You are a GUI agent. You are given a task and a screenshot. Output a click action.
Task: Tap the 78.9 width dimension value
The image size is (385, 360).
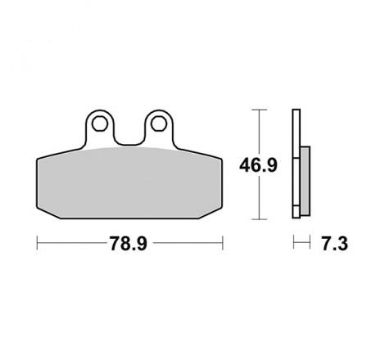pyautogui.click(x=129, y=244)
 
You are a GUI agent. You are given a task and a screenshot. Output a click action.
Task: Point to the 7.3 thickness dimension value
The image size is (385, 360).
pyautogui.click(x=332, y=244)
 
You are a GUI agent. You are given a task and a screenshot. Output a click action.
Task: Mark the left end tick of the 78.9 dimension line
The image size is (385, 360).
pyautogui.click(x=38, y=243)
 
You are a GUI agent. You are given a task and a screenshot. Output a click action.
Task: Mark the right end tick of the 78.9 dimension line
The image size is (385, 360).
pyautogui.click(x=222, y=243)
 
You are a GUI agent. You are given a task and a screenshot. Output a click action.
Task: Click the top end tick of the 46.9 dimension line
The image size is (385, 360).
pyautogui.click(x=259, y=110)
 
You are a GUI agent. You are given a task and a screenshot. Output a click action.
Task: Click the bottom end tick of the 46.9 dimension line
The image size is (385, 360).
pyautogui.click(x=259, y=219)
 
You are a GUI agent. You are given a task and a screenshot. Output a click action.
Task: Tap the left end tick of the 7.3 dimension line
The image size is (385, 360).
pyautogui.click(x=293, y=243)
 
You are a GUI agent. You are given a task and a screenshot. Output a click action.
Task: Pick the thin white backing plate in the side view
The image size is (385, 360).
pyautogui.click(x=295, y=164)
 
